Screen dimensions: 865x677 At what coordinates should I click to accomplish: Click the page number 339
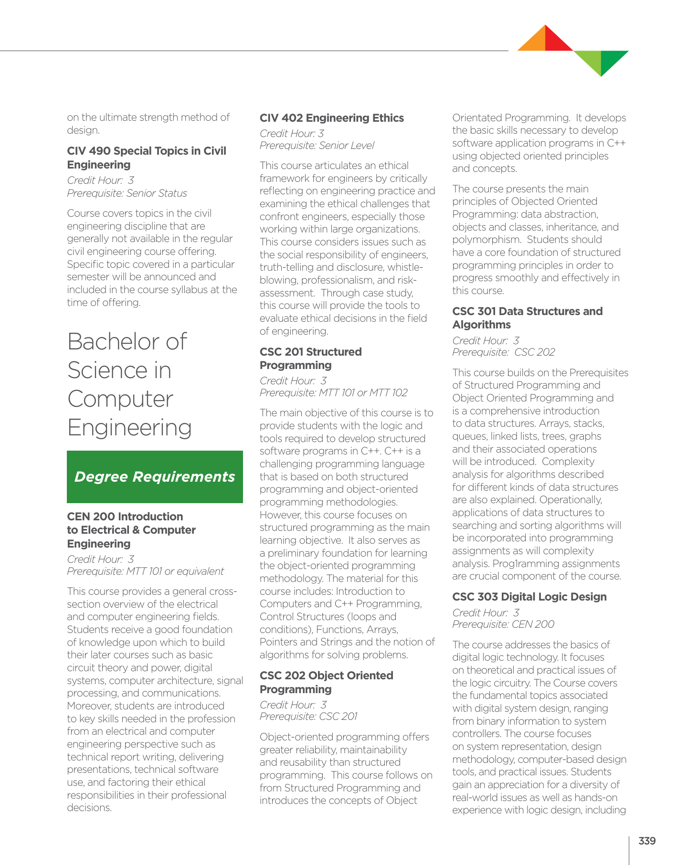point(647,841)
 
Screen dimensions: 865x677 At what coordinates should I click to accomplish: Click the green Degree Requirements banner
point(155,477)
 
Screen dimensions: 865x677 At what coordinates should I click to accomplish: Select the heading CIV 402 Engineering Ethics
point(331,118)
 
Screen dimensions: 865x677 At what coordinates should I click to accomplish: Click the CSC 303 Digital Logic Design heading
point(529,597)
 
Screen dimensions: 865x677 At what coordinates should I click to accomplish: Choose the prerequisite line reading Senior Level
point(317,146)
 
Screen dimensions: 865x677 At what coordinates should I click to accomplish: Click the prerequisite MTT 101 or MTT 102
point(333,393)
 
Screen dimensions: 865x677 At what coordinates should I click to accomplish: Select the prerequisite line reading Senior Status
point(127,193)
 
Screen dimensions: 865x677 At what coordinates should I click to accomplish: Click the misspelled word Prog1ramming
point(522,564)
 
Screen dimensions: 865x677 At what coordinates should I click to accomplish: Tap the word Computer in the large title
point(120,399)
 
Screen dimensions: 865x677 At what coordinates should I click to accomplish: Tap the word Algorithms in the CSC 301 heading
point(481,325)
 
